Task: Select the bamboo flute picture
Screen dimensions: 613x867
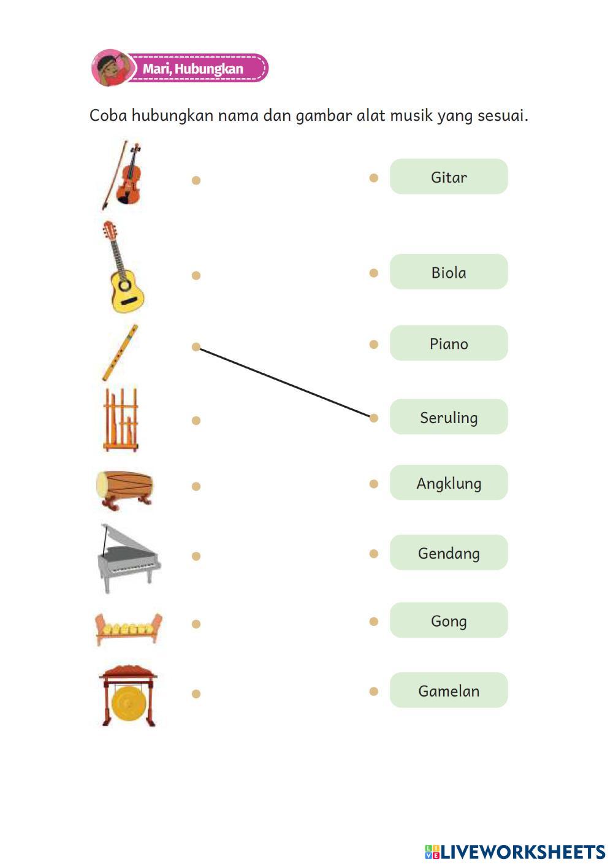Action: tap(120, 353)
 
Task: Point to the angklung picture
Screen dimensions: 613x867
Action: tap(121, 420)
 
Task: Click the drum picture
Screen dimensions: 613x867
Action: tap(124, 489)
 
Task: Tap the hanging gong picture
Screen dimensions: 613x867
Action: tap(128, 697)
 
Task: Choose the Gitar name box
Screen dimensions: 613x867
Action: tap(449, 177)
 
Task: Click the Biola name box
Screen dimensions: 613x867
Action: tap(449, 272)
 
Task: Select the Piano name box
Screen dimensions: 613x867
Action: tap(449, 343)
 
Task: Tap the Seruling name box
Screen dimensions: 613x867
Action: tap(449, 418)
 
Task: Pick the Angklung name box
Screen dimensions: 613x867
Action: tap(449, 483)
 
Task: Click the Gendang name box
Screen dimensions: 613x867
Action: tap(449, 553)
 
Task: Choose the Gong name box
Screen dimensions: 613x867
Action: tap(449, 621)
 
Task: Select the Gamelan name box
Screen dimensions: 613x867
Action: tap(449, 690)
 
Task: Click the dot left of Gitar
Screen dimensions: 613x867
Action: tap(374, 178)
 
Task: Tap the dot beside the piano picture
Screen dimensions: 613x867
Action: tap(196, 556)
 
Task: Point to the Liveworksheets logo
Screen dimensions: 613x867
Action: tap(515, 852)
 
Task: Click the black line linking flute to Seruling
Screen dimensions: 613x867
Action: tap(285, 383)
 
